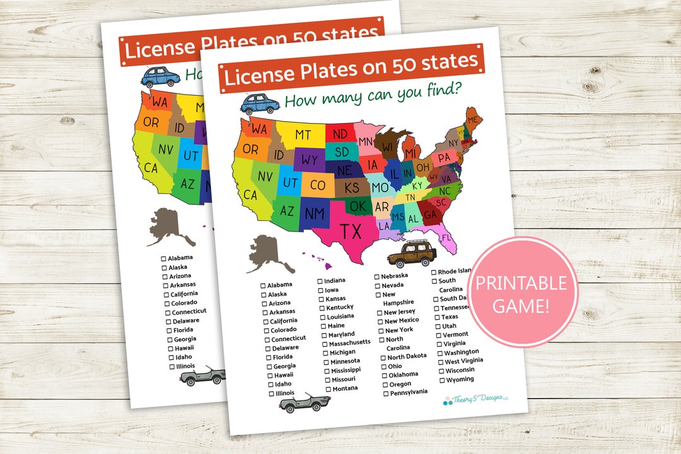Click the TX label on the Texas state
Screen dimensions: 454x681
[x=352, y=231]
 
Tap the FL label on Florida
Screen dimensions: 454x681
[x=446, y=238]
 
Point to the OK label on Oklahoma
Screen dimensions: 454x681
[x=358, y=206]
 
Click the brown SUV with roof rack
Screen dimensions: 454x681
[x=411, y=253]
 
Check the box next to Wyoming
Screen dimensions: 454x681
[x=441, y=380]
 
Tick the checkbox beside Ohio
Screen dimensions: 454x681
[x=383, y=366]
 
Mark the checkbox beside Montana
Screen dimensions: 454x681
[x=328, y=389]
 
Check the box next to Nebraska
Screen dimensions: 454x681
[x=377, y=276]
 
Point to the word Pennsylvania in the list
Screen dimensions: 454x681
[x=409, y=392]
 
